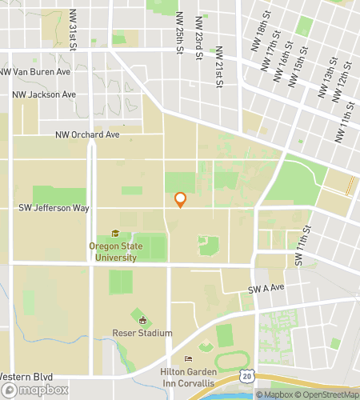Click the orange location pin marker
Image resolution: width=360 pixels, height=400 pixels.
[x=180, y=200]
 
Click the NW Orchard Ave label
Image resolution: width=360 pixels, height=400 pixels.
[x=87, y=135]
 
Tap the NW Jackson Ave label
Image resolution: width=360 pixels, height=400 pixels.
[x=44, y=94]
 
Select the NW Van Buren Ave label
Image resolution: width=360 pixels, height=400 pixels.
[x=36, y=71]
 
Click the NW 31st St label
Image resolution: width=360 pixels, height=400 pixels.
[x=73, y=29]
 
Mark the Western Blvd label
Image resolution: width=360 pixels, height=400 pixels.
[x=27, y=376]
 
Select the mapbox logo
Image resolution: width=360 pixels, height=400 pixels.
[x=34, y=390]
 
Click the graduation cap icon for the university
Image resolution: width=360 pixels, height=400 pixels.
[x=115, y=234]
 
